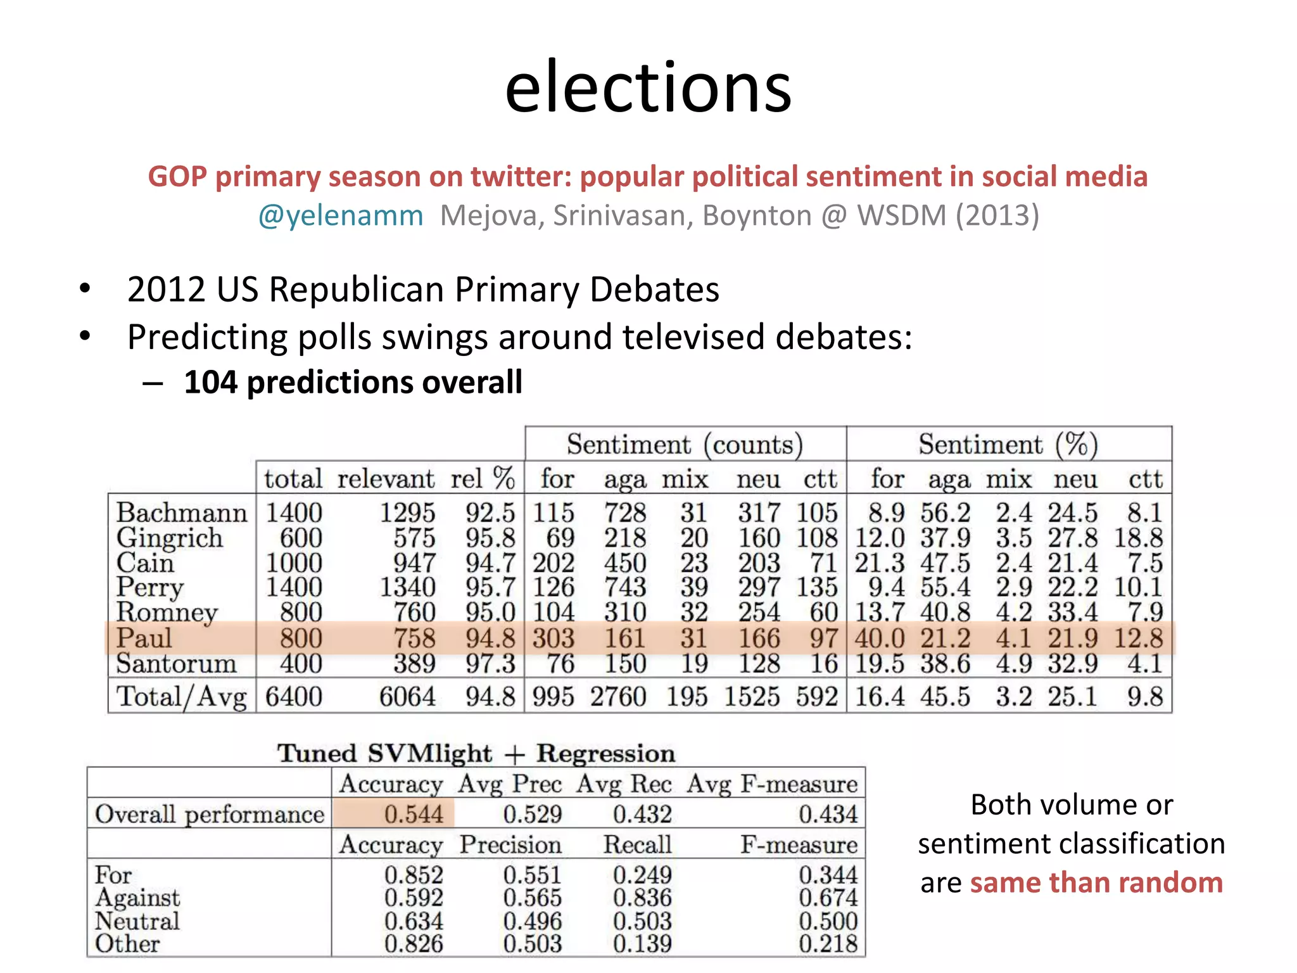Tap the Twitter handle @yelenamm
pos(341,216)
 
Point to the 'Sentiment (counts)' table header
pos(685,445)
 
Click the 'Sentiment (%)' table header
pos(1008,445)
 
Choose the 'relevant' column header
pos(386,479)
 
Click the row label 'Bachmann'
pos(181,512)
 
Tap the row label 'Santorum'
pos(176,664)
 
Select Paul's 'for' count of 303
pos(553,639)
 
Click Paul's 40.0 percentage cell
pos(879,639)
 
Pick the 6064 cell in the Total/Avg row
pos(407,697)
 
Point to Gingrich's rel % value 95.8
pos(490,538)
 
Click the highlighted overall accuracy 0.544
pos(414,814)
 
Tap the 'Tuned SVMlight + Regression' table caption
pos(476,754)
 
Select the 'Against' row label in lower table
pos(137,898)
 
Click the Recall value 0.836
pos(642,898)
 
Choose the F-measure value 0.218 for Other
pos(828,944)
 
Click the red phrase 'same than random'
pos(1096,883)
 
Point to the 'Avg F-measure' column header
pos(772,784)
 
